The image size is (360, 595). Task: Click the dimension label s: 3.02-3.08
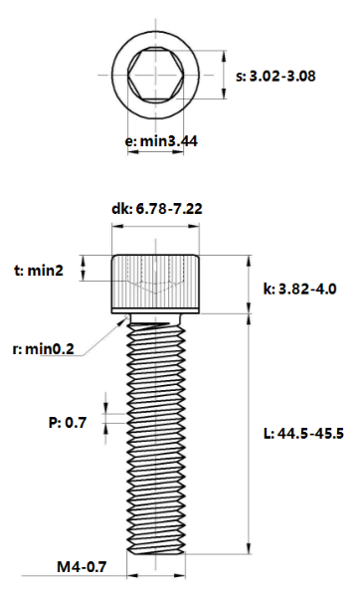(x=275, y=77)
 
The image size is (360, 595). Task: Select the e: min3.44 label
(x=161, y=141)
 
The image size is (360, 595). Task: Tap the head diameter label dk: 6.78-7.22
(x=157, y=209)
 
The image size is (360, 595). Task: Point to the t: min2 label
(x=39, y=271)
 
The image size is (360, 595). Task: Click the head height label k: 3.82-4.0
(x=299, y=290)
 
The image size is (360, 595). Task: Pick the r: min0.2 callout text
(x=43, y=349)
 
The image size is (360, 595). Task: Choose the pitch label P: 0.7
(x=68, y=422)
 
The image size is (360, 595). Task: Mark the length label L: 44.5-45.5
(x=303, y=434)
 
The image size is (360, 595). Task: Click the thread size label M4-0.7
(x=82, y=567)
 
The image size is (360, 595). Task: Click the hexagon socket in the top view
(x=155, y=75)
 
